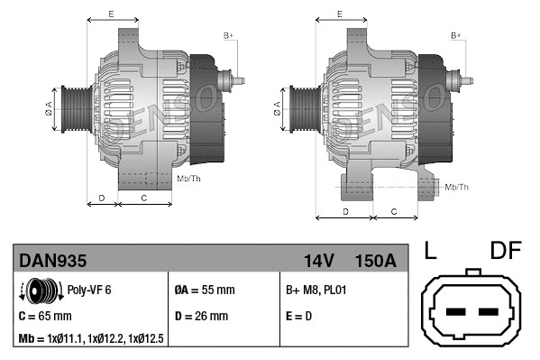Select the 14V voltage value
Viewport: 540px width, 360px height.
click(x=319, y=261)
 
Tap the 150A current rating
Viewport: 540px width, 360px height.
click(x=376, y=261)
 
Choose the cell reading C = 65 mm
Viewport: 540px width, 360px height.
click(x=45, y=316)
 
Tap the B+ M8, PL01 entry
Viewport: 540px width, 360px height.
click(x=316, y=291)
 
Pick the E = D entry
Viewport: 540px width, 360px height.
click(x=301, y=316)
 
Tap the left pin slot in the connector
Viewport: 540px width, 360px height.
click(x=455, y=312)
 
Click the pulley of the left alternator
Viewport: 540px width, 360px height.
click(x=74, y=112)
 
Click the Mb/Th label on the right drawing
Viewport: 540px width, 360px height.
click(x=457, y=187)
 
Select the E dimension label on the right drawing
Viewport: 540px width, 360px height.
click(x=339, y=14)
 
